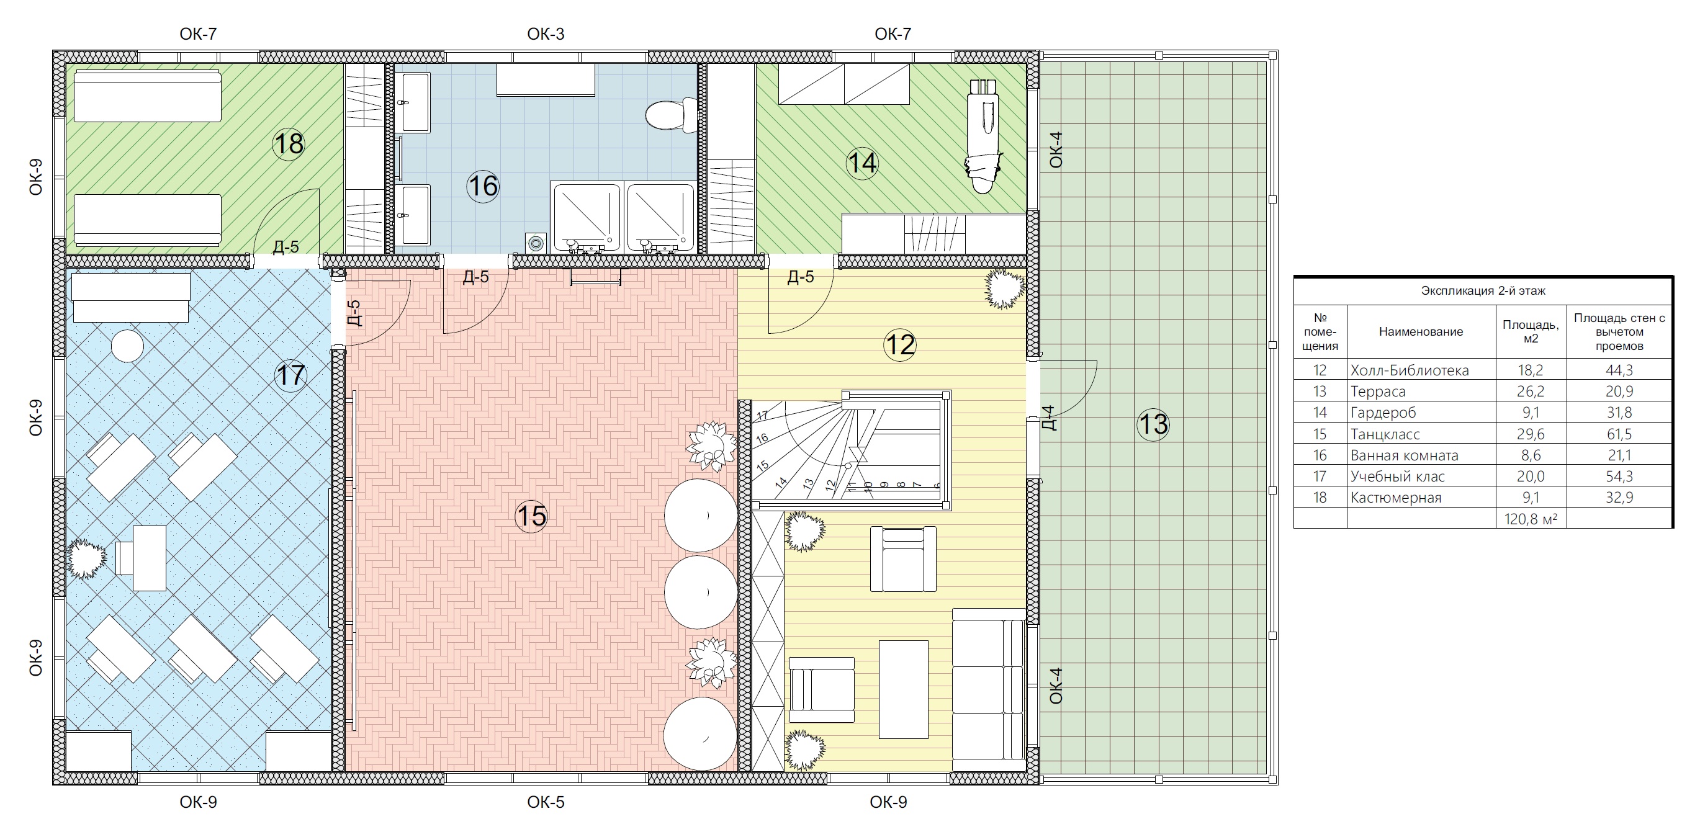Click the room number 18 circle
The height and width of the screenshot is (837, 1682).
click(x=289, y=143)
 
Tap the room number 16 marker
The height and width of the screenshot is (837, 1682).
click(x=483, y=186)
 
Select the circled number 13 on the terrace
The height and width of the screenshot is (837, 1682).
click(x=1153, y=424)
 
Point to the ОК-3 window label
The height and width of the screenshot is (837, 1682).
click(x=546, y=34)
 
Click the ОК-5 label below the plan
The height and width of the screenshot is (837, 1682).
click(x=546, y=802)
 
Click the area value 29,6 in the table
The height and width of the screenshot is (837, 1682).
click(x=1531, y=434)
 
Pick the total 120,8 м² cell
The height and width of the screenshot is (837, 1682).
click(x=1531, y=519)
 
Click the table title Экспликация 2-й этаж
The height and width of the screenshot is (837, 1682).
click(x=1483, y=290)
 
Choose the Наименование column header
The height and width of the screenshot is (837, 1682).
click(x=1421, y=332)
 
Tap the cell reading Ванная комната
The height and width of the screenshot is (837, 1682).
click(x=1404, y=455)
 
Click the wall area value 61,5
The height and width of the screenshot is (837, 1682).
click(x=1619, y=434)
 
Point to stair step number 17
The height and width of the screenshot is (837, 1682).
click(x=762, y=415)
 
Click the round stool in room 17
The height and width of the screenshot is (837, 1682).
click(x=127, y=346)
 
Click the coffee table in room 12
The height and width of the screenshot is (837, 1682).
click(x=903, y=689)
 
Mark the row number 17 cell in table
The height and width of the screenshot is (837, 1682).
click(x=1320, y=477)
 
